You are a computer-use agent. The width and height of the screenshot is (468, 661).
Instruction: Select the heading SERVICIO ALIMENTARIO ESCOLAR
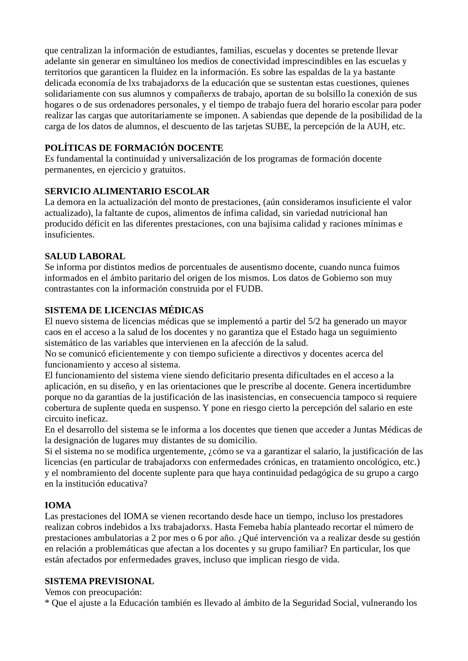127,191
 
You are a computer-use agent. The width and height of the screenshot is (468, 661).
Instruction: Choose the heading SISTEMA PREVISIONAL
99,581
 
